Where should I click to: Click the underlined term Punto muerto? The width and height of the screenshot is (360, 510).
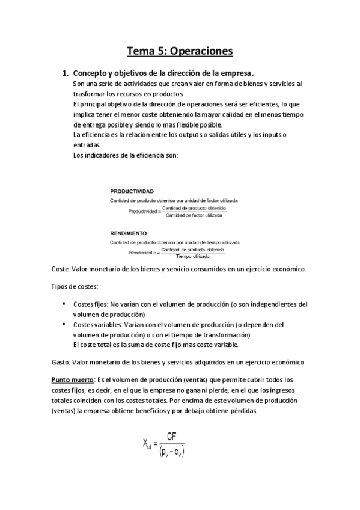tap(73, 379)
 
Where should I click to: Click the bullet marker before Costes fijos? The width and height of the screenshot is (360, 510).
tap(64, 304)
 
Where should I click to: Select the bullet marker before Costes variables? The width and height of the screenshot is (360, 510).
tap(64, 324)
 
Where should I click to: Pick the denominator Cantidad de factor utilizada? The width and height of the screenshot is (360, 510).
tap(194, 214)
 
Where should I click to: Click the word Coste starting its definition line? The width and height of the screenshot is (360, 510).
tap(61, 269)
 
